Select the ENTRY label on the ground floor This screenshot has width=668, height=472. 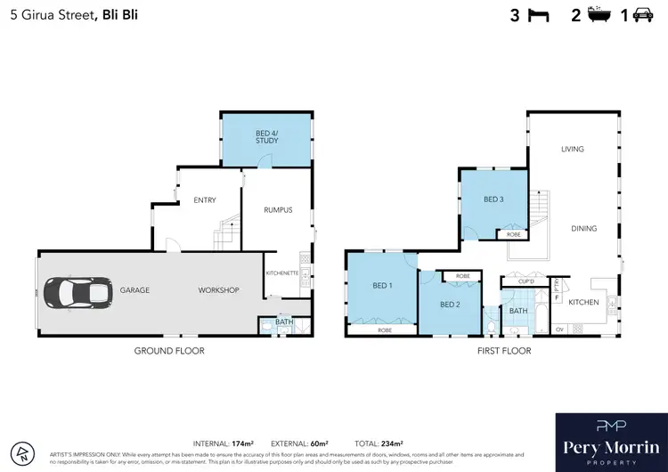(205, 200)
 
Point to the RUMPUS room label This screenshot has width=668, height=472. (278, 210)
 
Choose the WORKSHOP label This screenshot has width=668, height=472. (219, 290)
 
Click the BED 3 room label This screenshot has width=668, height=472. (494, 199)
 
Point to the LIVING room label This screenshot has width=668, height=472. (572, 149)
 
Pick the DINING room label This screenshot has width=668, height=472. (583, 229)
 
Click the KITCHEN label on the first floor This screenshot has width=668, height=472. (583, 303)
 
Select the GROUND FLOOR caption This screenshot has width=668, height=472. (169, 351)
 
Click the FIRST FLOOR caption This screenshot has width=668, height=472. (503, 351)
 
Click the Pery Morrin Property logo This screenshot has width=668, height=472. (610, 442)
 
